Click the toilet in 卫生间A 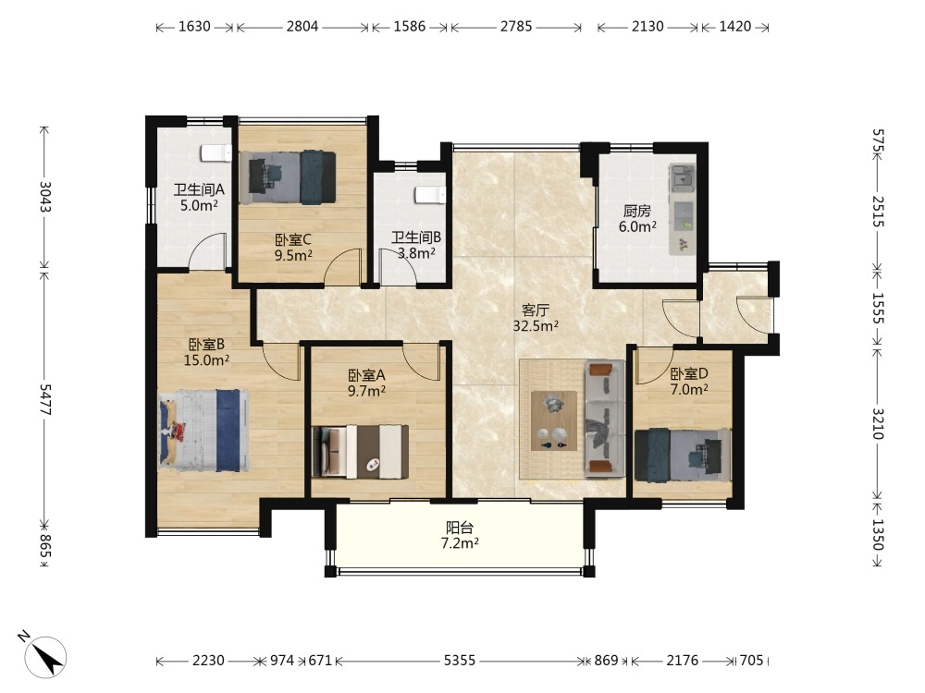click(x=216, y=152)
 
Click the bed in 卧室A click(x=361, y=452)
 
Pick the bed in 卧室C click(x=288, y=178)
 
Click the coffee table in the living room click(x=554, y=420)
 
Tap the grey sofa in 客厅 click(x=605, y=419)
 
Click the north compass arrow click(x=48, y=656)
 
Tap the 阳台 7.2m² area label click(x=460, y=535)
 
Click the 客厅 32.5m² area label click(x=536, y=318)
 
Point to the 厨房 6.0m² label click(x=637, y=219)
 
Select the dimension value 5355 click(x=460, y=661)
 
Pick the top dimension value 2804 click(x=302, y=27)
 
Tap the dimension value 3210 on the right click(x=878, y=423)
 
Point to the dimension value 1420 click(x=735, y=27)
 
